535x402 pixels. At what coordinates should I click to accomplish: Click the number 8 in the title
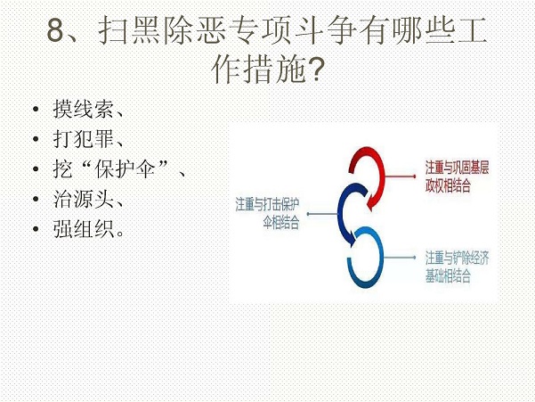point(56,30)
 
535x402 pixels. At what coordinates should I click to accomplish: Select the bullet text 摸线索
point(84,110)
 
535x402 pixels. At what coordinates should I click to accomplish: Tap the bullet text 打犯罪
point(84,139)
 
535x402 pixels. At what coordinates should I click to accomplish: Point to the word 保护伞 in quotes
point(126,168)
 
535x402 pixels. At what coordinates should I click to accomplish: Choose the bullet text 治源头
point(84,199)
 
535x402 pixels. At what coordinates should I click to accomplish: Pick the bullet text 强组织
point(84,228)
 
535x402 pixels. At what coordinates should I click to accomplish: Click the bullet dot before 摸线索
point(36,110)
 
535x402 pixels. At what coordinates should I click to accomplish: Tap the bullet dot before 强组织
point(36,228)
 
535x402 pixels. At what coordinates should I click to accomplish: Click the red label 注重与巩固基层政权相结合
point(457,176)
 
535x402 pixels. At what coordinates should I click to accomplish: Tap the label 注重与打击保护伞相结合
point(267,213)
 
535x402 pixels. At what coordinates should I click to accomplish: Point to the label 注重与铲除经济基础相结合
point(457,267)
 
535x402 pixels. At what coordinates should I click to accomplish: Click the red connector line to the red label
point(400,176)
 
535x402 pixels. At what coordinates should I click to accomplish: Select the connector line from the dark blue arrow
point(323,214)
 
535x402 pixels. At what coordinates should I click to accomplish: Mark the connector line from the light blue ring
point(399,258)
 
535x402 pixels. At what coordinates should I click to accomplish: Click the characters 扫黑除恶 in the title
point(162,30)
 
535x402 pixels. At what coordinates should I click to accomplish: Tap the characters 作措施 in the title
point(258,70)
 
